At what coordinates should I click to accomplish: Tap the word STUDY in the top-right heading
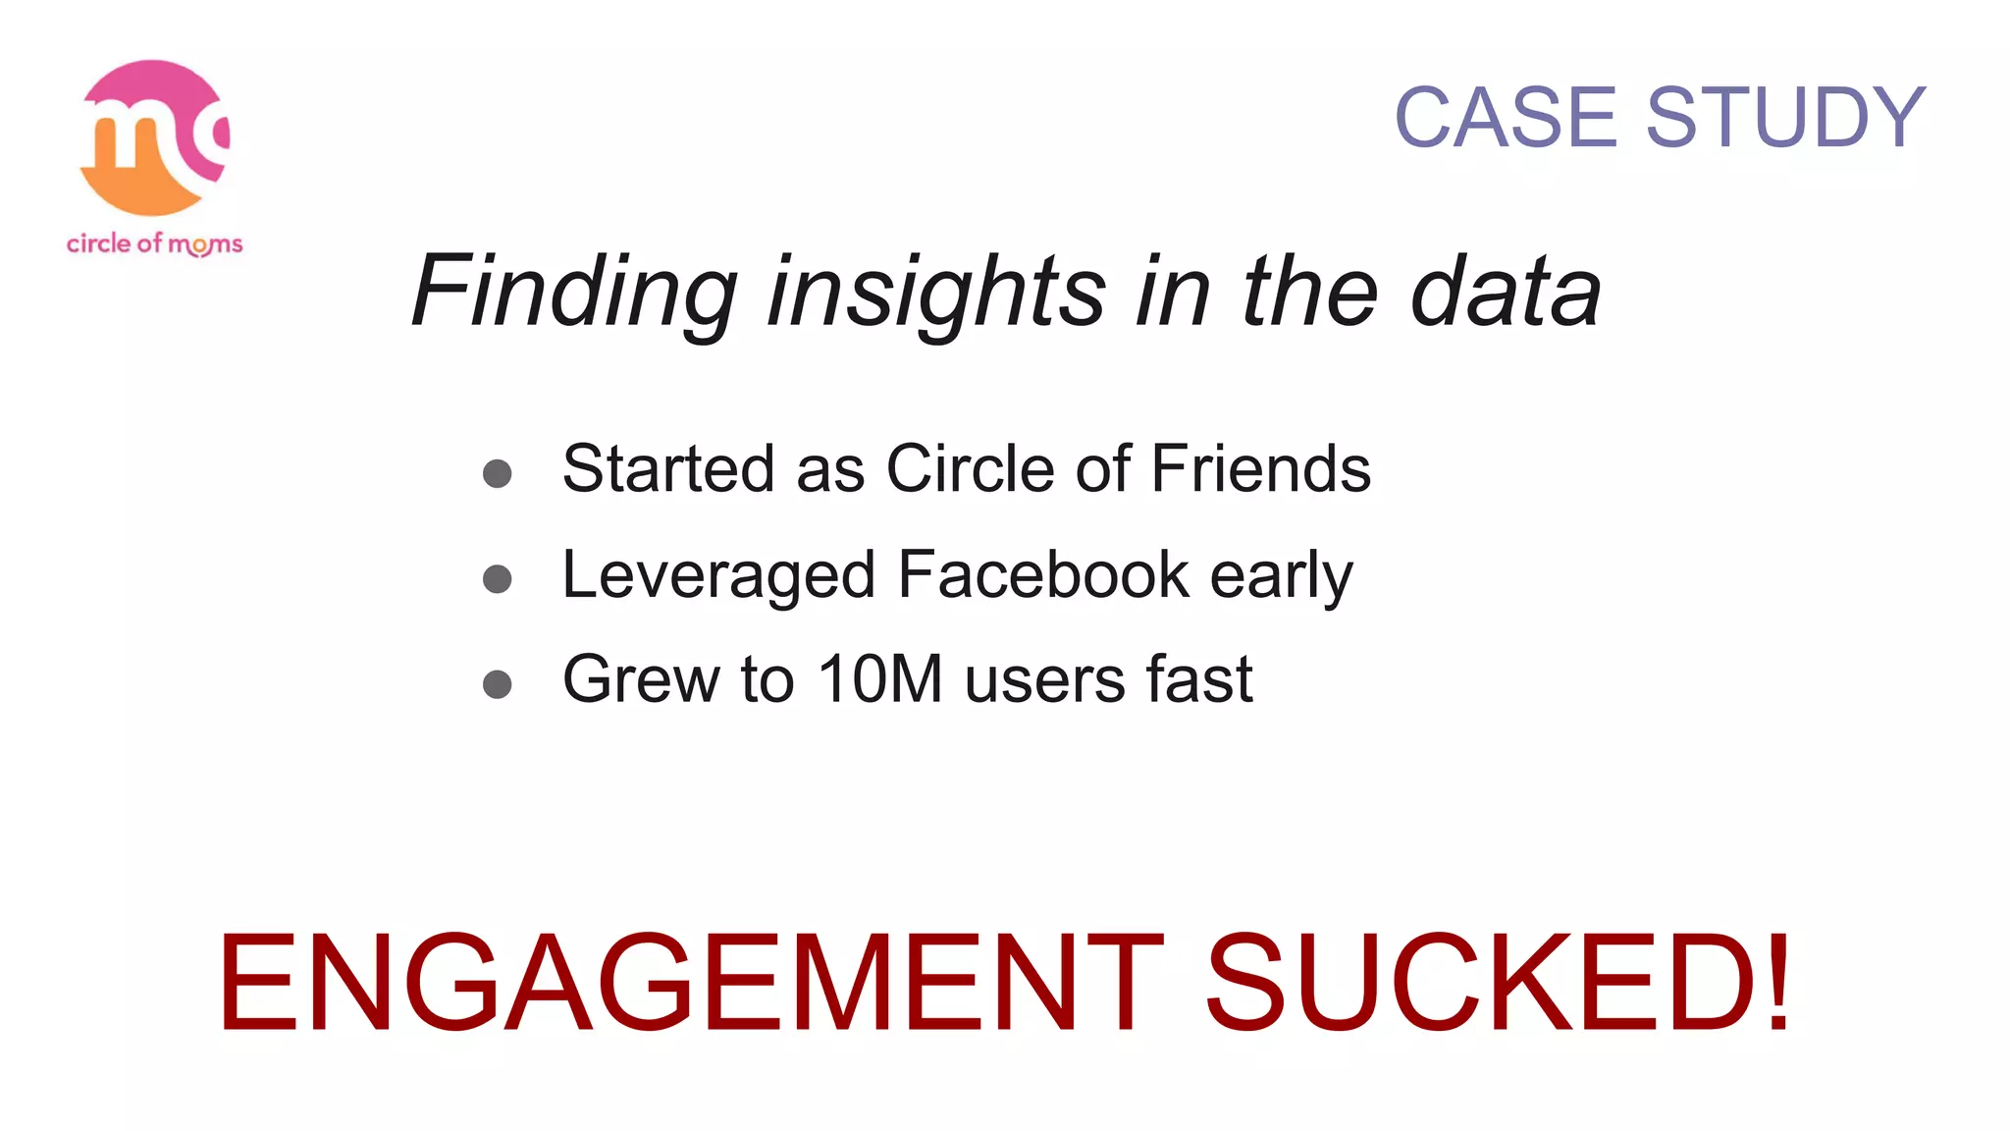(1785, 118)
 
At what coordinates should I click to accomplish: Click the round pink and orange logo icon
(154, 137)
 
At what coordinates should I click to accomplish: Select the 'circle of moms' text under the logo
(154, 243)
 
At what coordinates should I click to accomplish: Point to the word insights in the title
(936, 293)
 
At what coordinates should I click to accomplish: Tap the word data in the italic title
(1506, 293)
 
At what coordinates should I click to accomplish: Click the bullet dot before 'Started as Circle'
(498, 474)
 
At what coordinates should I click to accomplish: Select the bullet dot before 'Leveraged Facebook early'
(498, 579)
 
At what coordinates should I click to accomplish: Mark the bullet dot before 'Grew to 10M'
(498, 684)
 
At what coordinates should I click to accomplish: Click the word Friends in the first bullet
(1260, 468)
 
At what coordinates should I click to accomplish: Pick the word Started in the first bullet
(668, 468)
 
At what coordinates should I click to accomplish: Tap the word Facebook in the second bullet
(1042, 574)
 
